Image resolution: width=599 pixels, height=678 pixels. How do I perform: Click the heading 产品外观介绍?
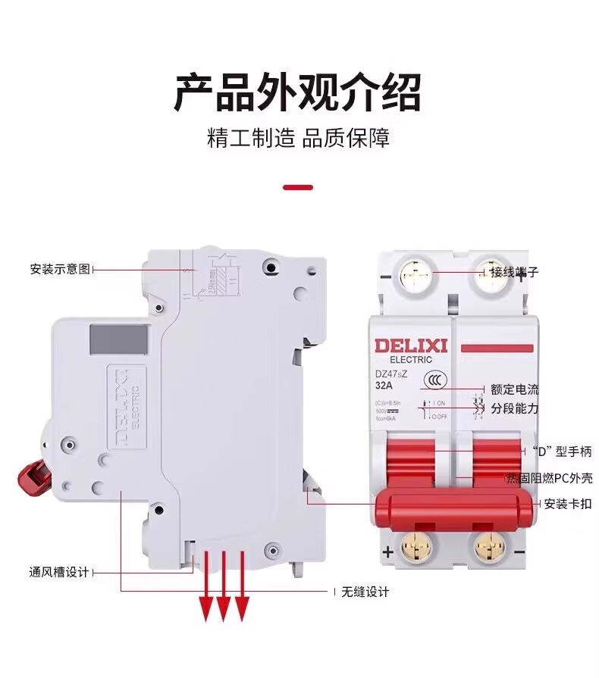pos(298,92)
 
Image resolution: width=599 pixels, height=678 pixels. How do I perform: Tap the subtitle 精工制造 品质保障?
pos(298,139)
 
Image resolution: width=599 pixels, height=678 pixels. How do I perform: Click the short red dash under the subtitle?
pos(297,186)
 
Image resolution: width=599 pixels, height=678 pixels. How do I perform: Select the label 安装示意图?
pos(60,269)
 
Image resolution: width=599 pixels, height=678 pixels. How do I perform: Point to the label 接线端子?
pos(514,272)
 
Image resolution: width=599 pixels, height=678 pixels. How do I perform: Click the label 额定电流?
pos(515,389)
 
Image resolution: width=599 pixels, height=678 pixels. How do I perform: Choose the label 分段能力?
pos(515,409)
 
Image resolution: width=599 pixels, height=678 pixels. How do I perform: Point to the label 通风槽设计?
pos(59,572)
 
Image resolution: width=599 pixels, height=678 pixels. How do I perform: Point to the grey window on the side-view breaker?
pos(118,340)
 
